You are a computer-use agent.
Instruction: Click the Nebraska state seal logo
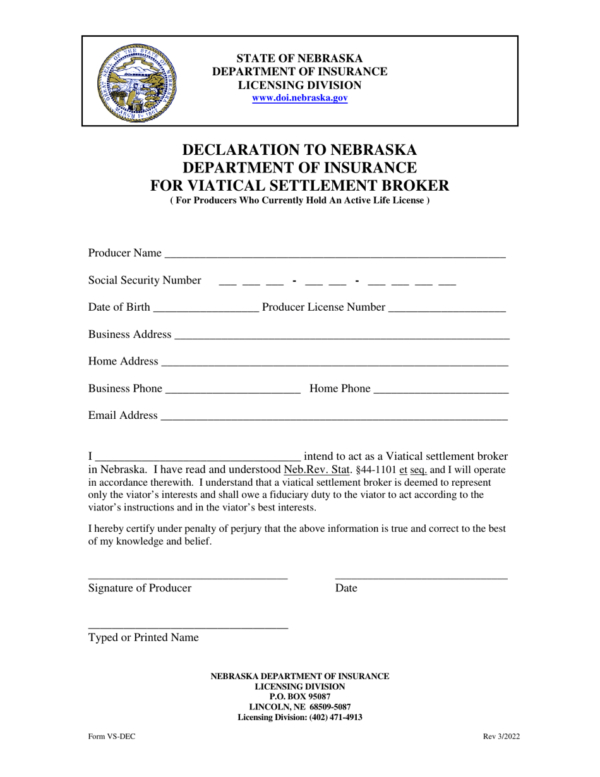[137, 82]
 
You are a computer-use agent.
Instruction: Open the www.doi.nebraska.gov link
[299, 99]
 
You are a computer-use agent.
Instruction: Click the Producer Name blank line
[334, 254]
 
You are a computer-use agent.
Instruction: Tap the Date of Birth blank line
[205, 308]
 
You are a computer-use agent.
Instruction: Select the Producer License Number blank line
[447, 308]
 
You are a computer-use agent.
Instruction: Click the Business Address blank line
[341, 335]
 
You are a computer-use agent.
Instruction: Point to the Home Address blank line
[335, 363]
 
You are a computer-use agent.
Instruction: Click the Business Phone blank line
[232, 390]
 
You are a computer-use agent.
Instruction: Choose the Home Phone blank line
[441, 390]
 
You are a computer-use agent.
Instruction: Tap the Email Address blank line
[334, 416]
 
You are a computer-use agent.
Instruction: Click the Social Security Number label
[145, 280]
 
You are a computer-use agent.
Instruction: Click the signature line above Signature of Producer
[188, 576]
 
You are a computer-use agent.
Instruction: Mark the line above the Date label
[421, 576]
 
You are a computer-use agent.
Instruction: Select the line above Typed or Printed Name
[188, 625]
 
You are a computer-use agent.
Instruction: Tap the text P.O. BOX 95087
[299, 697]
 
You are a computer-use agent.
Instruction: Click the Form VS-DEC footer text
[111, 737]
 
